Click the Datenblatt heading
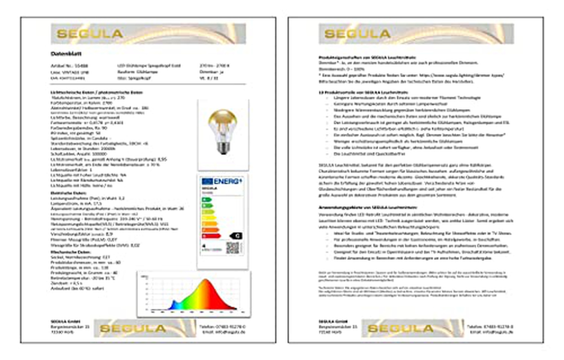click(x=66, y=54)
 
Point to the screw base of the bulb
click(x=223, y=148)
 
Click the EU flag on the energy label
click(x=207, y=181)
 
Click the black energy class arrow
click(x=236, y=236)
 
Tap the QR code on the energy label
click(x=232, y=248)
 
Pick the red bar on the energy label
click(x=211, y=236)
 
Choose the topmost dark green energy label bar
click(x=206, y=199)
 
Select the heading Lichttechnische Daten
click(x=96, y=92)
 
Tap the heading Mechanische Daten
click(x=70, y=252)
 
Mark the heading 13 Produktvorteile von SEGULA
click(x=363, y=92)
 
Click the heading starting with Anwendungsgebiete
click(x=367, y=207)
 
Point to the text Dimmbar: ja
click(x=211, y=72)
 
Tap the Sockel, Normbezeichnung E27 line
click(x=80, y=257)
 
